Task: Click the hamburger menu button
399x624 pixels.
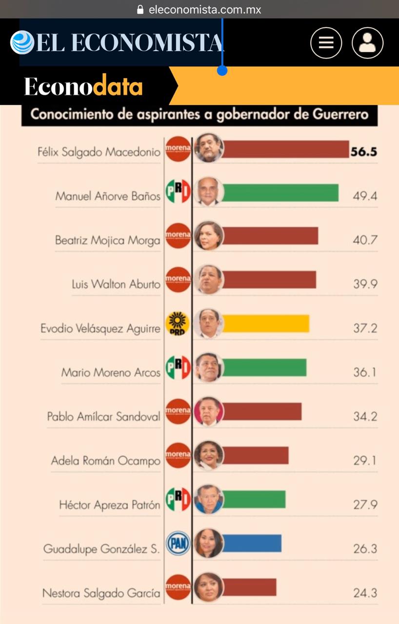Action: (326, 43)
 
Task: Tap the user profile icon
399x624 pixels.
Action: (367, 43)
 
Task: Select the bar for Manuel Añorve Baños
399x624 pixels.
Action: (280, 193)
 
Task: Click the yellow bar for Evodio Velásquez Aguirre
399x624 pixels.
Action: (266, 324)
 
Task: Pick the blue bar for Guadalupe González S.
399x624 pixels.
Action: (252, 543)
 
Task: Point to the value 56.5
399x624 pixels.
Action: (364, 152)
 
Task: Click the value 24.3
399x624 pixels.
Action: (365, 593)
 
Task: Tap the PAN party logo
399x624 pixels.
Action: (178, 543)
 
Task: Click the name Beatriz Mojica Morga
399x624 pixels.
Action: (107, 240)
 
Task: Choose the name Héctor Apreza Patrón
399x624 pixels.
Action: (109, 505)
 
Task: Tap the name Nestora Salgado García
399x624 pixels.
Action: (101, 593)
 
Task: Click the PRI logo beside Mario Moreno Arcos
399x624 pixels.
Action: (178, 368)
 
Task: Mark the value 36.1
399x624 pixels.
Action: (365, 372)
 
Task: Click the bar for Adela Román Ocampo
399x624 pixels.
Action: (256, 455)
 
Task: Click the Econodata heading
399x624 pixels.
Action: (83, 86)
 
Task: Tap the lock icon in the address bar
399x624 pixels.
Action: (140, 9)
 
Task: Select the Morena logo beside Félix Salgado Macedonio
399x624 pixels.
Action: (178, 148)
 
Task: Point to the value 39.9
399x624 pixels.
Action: (365, 284)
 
